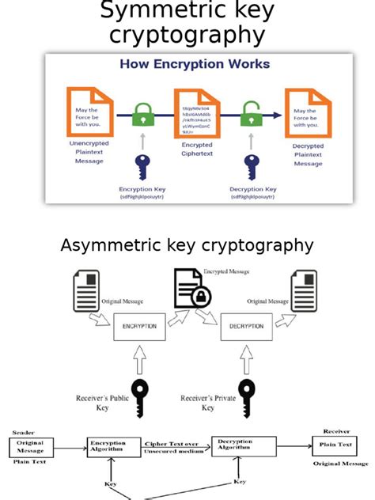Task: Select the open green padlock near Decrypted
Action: (x=252, y=114)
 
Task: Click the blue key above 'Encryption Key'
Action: (x=142, y=165)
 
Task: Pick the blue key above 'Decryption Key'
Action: (x=252, y=166)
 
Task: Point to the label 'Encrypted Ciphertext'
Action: (x=197, y=150)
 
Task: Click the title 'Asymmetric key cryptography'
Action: (x=187, y=245)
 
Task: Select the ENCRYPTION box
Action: (x=140, y=326)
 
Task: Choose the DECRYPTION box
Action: (x=246, y=326)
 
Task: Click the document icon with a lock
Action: (x=192, y=290)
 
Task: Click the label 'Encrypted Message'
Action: (x=226, y=272)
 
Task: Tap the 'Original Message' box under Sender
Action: (x=31, y=447)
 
